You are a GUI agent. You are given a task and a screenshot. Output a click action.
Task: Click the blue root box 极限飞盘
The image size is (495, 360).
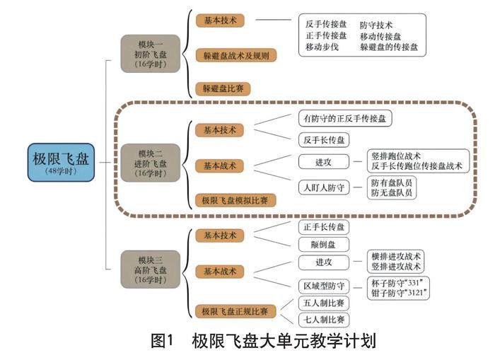tap(62, 162)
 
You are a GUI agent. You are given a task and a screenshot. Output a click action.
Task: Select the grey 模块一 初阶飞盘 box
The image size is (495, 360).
tap(150, 54)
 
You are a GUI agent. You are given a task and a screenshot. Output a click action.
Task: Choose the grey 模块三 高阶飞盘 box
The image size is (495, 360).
tap(150, 269)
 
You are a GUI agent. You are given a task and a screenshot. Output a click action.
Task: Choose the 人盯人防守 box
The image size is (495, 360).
tap(322, 187)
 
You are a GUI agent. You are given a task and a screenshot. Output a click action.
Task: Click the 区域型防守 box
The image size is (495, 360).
tap(322, 286)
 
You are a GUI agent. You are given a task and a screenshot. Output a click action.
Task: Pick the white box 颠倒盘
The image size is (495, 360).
tap(322, 244)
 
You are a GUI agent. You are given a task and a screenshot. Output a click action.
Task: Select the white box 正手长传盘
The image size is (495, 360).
tap(322, 227)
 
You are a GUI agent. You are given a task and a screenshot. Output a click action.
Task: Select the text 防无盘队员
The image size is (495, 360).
tap(392, 193)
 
